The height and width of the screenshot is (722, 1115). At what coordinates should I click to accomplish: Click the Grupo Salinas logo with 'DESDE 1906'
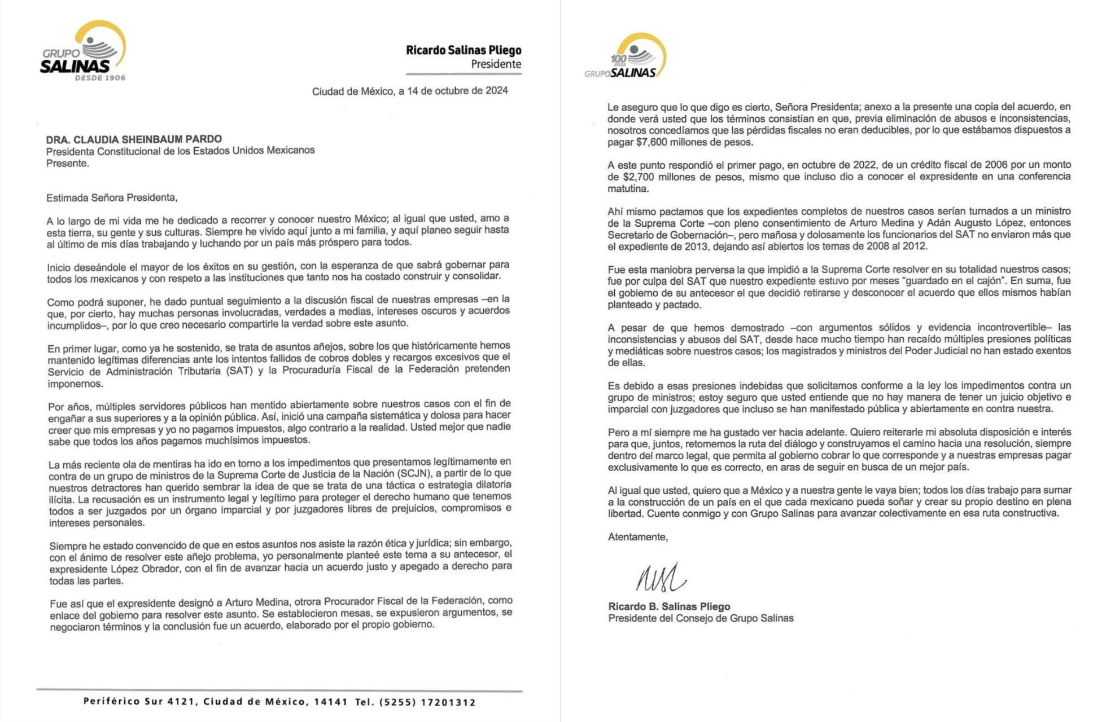(x=84, y=52)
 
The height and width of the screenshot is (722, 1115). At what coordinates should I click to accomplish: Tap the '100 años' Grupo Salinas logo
(x=627, y=57)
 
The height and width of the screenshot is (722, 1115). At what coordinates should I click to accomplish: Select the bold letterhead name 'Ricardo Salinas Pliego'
(x=464, y=50)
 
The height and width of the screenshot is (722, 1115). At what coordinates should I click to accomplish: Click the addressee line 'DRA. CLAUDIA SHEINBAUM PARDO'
(x=134, y=139)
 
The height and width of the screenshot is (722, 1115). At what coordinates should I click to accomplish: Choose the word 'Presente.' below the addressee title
(x=67, y=164)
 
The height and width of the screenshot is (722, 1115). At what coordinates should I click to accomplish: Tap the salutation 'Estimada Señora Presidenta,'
(x=112, y=197)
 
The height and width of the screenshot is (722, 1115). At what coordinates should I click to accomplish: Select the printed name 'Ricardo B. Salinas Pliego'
(x=669, y=606)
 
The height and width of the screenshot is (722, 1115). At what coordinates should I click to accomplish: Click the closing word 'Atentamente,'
(x=637, y=537)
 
